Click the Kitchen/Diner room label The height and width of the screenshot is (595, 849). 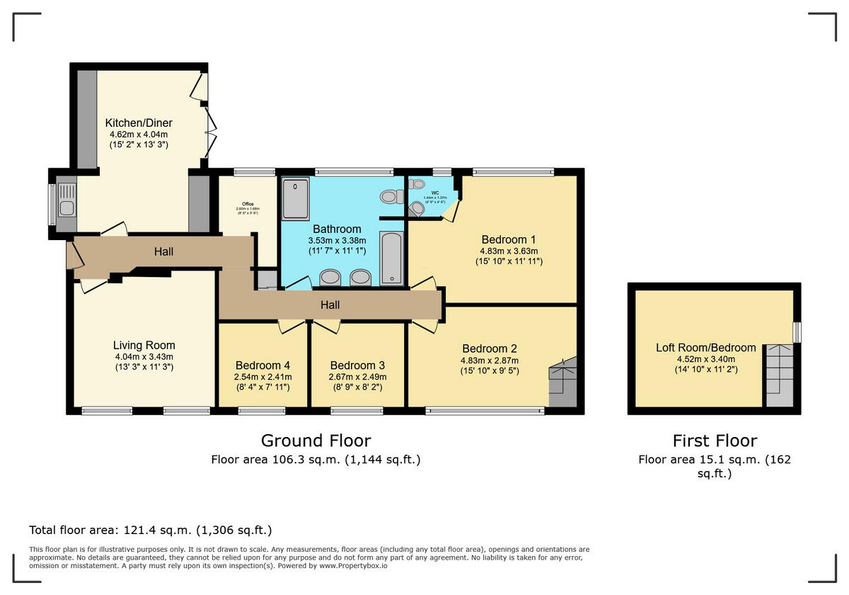(x=139, y=123)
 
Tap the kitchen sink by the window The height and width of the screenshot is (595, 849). (x=66, y=201)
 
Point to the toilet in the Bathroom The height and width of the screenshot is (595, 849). (x=388, y=196)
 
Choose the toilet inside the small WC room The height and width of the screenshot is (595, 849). (x=416, y=208)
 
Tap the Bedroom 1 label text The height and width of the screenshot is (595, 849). (x=509, y=239)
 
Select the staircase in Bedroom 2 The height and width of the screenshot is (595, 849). (x=562, y=382)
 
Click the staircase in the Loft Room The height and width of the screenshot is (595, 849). (x=780, y=375)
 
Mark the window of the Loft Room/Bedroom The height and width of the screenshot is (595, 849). (x=797, y=332)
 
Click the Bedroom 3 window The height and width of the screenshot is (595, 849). (x=357, y=409)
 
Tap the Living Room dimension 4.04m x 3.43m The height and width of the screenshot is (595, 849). (x=144, y=356)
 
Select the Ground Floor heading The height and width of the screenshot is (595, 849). (x=316, y=441)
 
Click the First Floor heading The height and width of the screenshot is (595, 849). (x=715, y=441)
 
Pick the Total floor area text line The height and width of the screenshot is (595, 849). (x=150, y=530)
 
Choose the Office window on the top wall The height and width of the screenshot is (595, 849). (x=254, y=171)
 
